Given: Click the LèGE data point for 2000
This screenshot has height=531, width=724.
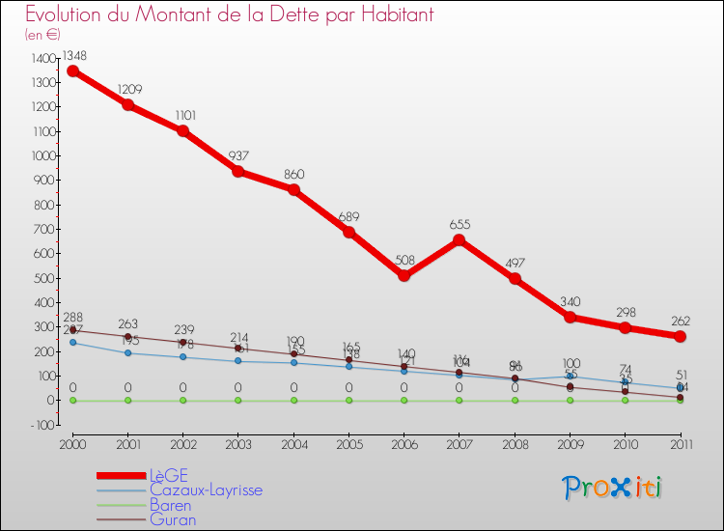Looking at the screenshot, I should pos(73,70).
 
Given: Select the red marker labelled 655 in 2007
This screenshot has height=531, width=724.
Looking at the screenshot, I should pos(459,240).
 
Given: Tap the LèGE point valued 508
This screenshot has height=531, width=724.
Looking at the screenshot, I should pos(404,276).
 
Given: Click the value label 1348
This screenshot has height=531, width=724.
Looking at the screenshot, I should pos(73,55).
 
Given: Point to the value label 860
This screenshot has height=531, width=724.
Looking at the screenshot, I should pos(293,174).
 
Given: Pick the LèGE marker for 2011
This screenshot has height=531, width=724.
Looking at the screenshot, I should pos(681,336).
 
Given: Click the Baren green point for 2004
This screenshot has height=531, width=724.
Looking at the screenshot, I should pos(293,400).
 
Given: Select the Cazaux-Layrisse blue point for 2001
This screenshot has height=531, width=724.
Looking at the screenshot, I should pos(128,352).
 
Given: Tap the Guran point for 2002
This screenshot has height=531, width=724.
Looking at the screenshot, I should pos(183,342).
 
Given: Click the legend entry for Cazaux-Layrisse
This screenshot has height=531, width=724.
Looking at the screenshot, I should pos(205,490).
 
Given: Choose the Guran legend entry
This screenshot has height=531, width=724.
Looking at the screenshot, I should pos(173,519).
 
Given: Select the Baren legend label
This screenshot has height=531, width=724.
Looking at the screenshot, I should pos(170,505).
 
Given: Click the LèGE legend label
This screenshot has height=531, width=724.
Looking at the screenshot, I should pos(168,475).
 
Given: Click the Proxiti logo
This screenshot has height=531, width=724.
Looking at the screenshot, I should pos(613,488).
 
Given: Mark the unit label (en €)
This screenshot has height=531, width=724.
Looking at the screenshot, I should pos(44,34).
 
